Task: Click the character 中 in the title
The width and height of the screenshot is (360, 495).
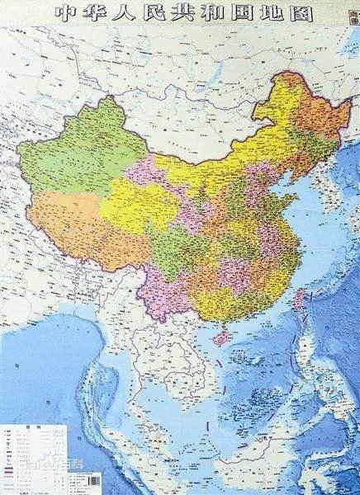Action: point(71,13)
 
